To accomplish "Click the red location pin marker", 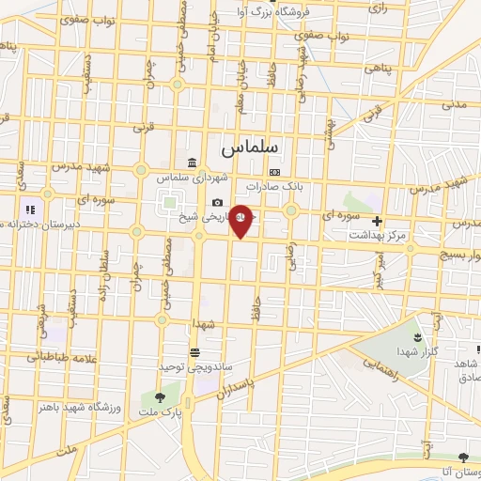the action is (x=240, y=219).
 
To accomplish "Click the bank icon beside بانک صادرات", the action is (x=274, y=173).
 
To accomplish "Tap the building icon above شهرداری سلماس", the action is (x=193, y=163).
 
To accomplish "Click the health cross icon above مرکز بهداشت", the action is (x=378, y=222).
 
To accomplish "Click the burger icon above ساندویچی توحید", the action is (x=194, y=352).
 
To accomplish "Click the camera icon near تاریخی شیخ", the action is (x=218, y=203).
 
